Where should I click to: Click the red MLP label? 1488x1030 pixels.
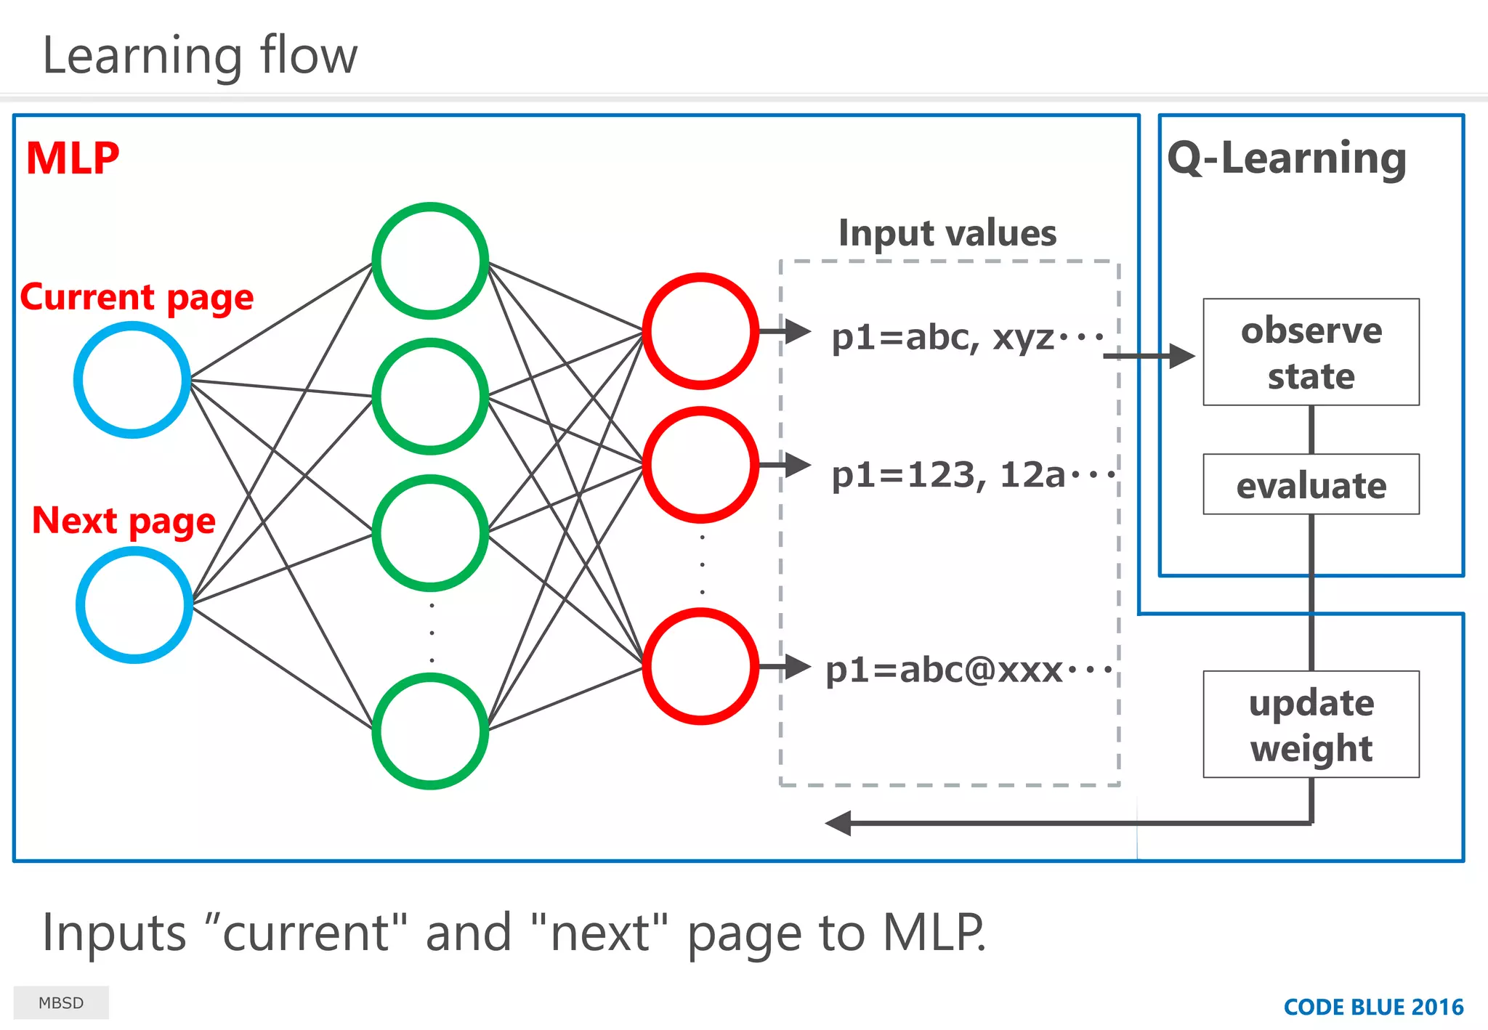[72, 158]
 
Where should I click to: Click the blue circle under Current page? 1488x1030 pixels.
[132, 380]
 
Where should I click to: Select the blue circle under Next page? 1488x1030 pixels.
[134, 604]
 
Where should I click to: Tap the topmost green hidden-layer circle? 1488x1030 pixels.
[430, 261]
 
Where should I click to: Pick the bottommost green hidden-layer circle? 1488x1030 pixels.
[430, 731]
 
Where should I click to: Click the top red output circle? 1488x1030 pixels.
[700, 331]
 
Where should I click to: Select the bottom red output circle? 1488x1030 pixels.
[700, 666]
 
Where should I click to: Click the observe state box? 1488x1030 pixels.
[1311, 352]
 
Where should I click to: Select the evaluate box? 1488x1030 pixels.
[1311, 484]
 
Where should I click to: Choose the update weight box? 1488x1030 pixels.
[1311, 724]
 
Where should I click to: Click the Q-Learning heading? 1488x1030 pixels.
[1287, 158]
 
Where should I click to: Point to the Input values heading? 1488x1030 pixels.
[947, 233]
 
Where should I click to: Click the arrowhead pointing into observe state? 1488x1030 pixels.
[1182, 356]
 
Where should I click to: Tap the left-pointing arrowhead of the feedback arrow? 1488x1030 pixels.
[838, 823]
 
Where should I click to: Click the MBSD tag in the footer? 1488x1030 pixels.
[61, 1002]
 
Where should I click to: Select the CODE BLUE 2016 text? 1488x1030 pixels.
[1372, 1007]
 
